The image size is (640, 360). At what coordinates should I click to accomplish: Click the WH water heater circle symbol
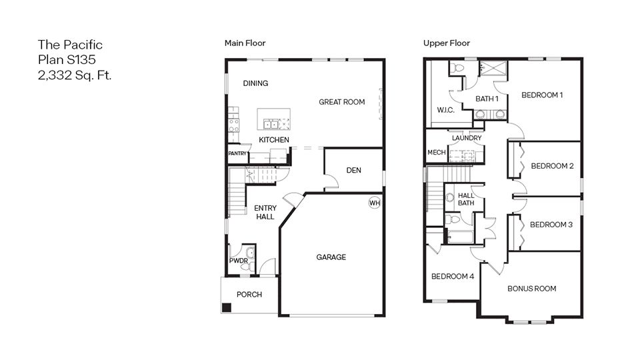[x=374, y=203]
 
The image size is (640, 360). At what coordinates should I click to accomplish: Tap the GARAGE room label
[x=331, y=257]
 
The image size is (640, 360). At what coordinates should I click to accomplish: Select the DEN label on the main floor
[x=354, y=171]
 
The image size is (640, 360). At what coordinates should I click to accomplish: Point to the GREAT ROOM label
[x=342, y=102]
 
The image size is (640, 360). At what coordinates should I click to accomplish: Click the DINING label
[x=255, y=83]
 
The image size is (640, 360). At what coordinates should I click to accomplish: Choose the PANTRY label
[x=238, y=154]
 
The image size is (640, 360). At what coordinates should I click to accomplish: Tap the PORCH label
[x=249, y=295]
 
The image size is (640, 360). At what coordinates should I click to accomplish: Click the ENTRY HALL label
[x=265, y=213]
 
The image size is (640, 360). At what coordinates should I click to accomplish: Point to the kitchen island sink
[x=272, y=123]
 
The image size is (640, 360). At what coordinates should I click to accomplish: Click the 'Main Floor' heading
[x=245, y=43]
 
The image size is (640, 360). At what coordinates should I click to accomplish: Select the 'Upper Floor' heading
[x=447, y=43]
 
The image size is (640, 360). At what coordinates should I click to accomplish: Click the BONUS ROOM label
[x=531, y=289]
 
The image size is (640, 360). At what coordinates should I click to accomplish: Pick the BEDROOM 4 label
[x=452, y=277]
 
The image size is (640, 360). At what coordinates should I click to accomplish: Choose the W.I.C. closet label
[x=445, y=110]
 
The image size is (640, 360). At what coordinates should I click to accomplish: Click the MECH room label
[x=436, y=153]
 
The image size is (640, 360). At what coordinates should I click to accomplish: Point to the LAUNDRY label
[x=467, y=138]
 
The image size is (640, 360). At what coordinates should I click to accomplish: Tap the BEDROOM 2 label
[x=552, y=166]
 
